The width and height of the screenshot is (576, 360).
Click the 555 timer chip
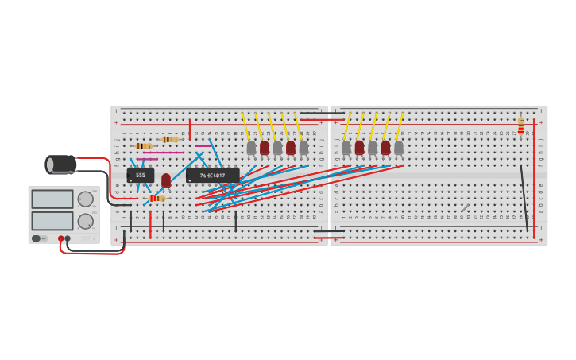pos(141,176)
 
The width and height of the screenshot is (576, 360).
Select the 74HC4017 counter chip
pos(212,176)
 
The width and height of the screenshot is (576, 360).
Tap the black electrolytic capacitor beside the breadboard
pos(61,165)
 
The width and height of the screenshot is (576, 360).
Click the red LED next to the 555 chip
pos(166,180)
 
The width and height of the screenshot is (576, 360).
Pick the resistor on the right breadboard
pos(521,126)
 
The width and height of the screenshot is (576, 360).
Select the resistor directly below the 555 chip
pos(156,198)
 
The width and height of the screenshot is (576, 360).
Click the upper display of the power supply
pos(52,199)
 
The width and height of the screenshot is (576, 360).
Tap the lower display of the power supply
pos(52,220)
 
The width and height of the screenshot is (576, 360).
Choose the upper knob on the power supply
pos(85,199)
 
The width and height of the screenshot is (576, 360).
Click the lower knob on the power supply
pos(85,221)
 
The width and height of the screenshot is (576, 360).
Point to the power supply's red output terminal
pos(60,238)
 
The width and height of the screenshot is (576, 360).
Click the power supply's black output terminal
pos(68,238)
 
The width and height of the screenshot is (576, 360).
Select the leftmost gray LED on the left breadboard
pos(252,148)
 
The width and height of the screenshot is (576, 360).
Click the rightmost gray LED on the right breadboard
pos(399,148)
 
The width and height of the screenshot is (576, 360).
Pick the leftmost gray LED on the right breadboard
pos(346,148)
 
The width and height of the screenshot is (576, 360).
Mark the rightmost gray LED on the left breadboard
pos(303,148)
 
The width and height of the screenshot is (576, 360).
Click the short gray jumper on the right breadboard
pos(465,208)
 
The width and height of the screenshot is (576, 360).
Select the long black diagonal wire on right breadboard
pos(524,199)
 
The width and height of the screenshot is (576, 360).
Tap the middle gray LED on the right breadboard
pos(373,148)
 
